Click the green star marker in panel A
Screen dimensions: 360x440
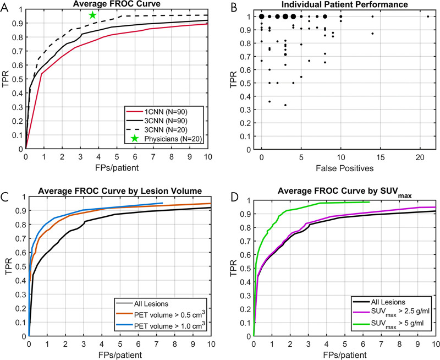click(92, 15)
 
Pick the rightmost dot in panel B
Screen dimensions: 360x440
click(428, 17)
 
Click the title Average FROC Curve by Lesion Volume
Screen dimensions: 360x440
click(118, 191)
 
